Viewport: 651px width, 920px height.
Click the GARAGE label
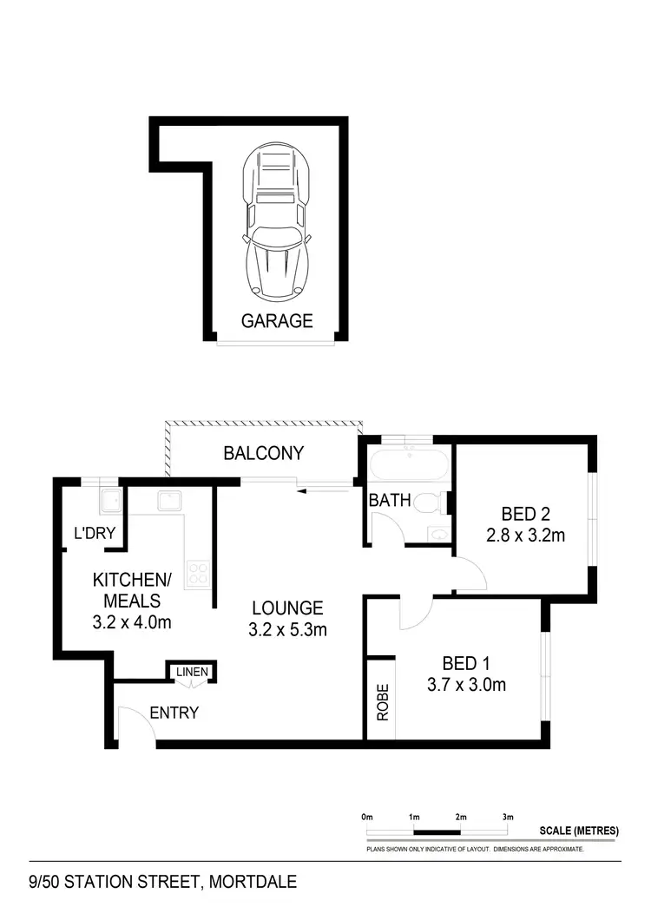coord(277,321)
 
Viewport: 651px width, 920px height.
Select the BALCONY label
coord(263,453)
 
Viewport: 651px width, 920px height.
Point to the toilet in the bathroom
coord(429,503)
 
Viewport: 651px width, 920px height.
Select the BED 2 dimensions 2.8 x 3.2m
coord(525,536)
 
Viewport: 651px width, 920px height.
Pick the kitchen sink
coord(168,499)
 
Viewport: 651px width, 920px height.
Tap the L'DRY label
coord(95,534)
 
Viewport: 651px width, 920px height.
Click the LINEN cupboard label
coord(192,672)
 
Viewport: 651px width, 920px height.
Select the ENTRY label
coord(174,713)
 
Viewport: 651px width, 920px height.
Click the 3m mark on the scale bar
coord(508,818)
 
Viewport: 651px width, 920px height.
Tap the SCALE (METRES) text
coord(579,831)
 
